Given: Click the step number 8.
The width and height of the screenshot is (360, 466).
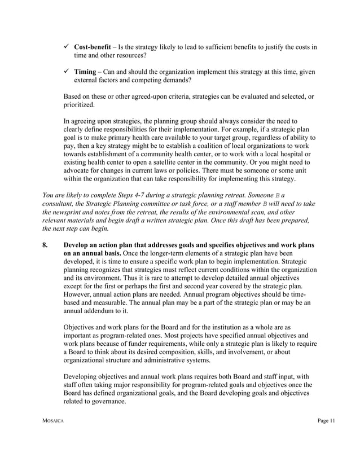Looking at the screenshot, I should pyautogui.click(x=45, y=245).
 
